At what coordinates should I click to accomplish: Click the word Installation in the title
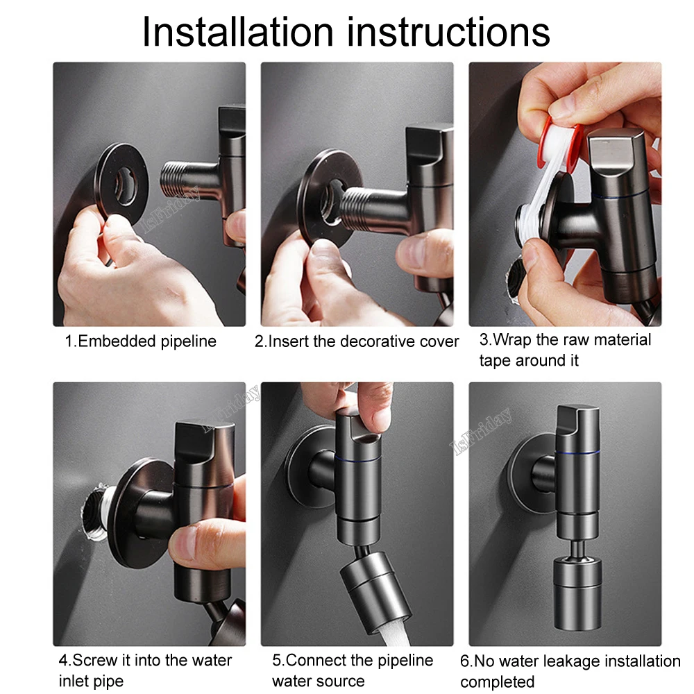pos(237,31)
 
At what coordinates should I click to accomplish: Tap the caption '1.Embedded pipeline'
pos(141,341)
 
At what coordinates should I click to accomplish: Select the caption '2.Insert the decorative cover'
pos(357,341)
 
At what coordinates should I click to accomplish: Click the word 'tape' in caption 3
pos(496,361)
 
